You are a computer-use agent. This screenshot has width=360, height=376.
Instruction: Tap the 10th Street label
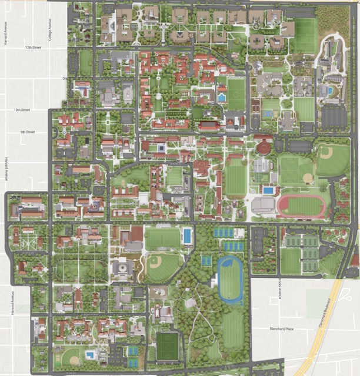(x=22, y=110)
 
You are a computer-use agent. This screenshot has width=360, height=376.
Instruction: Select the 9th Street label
(x=27, y=133)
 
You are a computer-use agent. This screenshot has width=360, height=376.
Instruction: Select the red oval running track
(x=301, y=207)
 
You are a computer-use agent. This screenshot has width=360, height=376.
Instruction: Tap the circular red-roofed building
(x=263, y=147)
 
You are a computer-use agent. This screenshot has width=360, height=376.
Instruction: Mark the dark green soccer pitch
(x=169, y=347)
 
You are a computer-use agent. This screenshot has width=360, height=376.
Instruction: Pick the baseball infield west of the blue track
(x=155, y=264)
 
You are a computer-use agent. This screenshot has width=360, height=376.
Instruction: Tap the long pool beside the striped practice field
(x=187, y=236)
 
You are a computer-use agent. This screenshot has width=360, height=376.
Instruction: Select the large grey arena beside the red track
(x=263, y=205)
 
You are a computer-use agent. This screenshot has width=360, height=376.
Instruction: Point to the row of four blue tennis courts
(x=224, y=233)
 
